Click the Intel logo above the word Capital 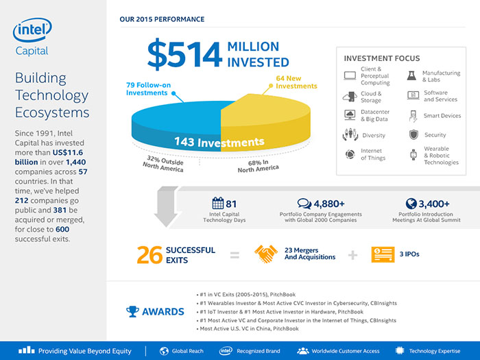pyautogui.click(x=32, y=31)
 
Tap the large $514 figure pyautogui.click(x=184, y=56)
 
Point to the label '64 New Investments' pyautogui.click(x=296, y=82)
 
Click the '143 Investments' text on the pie pyautogui.click(x=219, y=143)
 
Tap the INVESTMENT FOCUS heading pyautogui.click(x=382, y=58)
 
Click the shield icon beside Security pyautogui.click(x=413, y=135)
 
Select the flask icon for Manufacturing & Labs pyautogui.click(x=412, y=75)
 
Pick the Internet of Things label pyautogui.click(x=374, y=154)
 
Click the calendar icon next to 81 pyautogui.click(x=218, y=203)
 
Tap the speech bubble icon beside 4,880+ pyautogui.click(x=304, y=203)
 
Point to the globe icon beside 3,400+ pyautogui.click(x=411, y=203)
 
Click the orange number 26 pyautogui.click(x=149, y=254)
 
